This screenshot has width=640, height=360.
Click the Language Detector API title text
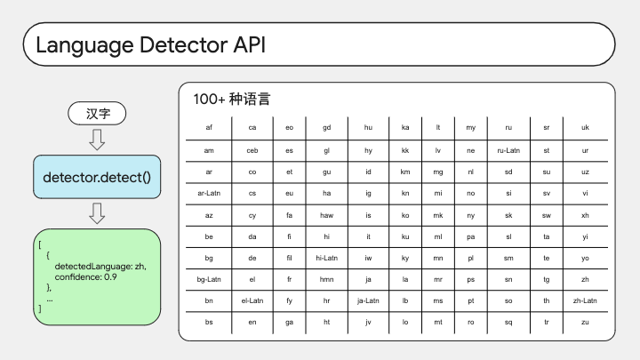[x=150, y=45]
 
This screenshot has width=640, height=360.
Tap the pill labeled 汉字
[x=97, y=114]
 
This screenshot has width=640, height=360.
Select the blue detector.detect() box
[x=97, y=177]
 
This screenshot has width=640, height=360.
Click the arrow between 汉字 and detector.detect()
[x=97, y=140]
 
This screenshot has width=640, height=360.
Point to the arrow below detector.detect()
[x=97, y=213]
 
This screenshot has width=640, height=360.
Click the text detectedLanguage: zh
[x=100, y=266]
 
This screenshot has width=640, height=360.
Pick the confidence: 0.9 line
[x=85, y=276]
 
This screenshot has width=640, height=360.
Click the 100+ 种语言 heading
[x=231, y=99]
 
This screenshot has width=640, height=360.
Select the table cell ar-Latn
[x=209, y=193]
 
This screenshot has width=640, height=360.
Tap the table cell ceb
[x=252, y=150]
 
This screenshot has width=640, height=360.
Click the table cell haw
[x=326, y=215]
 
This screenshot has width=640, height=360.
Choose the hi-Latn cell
[x=326, y=258]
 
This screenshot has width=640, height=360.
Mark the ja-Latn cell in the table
[x=368, y=300]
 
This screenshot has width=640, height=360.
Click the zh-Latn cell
[x=585, y=300]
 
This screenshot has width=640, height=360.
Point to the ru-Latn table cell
[x=508, y=150]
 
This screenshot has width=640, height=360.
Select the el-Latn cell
[x=252, y=300]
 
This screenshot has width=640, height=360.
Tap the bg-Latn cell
[x=209, y=280]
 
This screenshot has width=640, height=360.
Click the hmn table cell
[x=326, y=280]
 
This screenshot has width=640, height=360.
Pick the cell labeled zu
[x=585, y=322]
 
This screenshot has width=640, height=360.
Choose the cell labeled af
[x=209, y=127]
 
